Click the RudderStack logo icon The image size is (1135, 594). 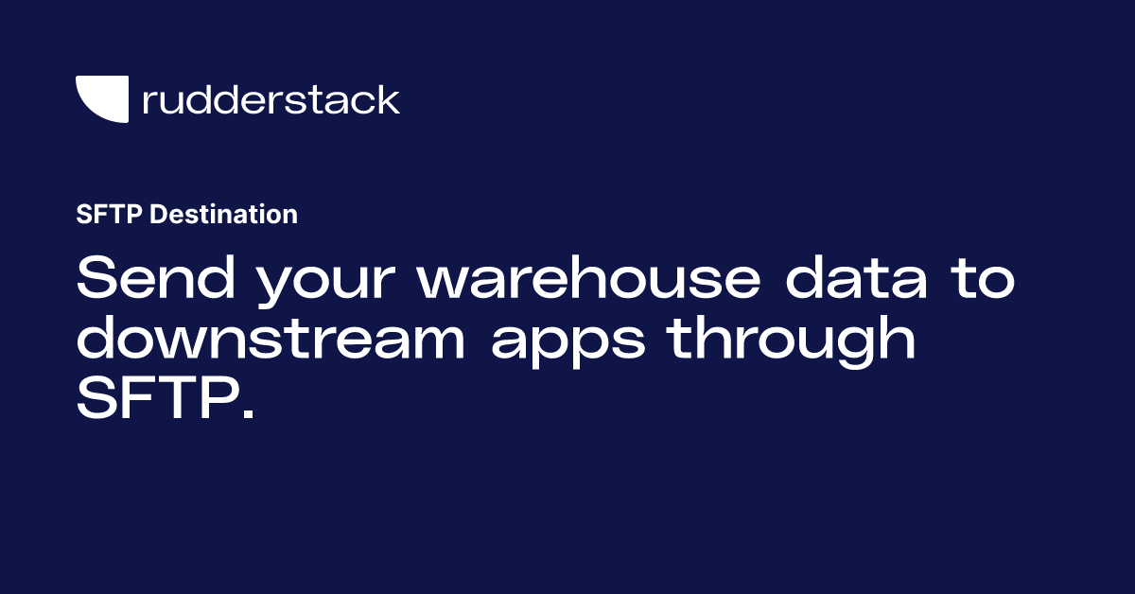coord(102,99)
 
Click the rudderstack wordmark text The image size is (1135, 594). coord(271,99)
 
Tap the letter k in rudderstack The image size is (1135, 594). coord(388,99)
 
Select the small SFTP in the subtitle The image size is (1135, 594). coord(109,215)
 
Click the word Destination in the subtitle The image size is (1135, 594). coord(224,215)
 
